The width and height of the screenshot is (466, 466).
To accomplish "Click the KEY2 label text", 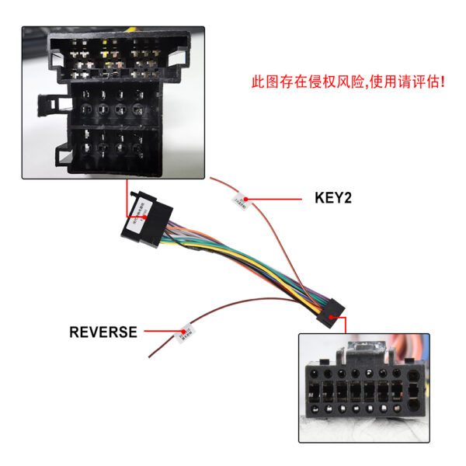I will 333,198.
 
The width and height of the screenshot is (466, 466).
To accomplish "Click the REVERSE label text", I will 103,332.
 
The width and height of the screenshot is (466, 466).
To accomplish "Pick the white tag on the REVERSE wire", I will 186,332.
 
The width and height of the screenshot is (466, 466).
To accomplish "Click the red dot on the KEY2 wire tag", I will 246,200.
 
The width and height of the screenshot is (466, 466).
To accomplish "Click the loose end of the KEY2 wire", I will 212,178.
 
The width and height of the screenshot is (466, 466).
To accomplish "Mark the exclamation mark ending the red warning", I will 442,81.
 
